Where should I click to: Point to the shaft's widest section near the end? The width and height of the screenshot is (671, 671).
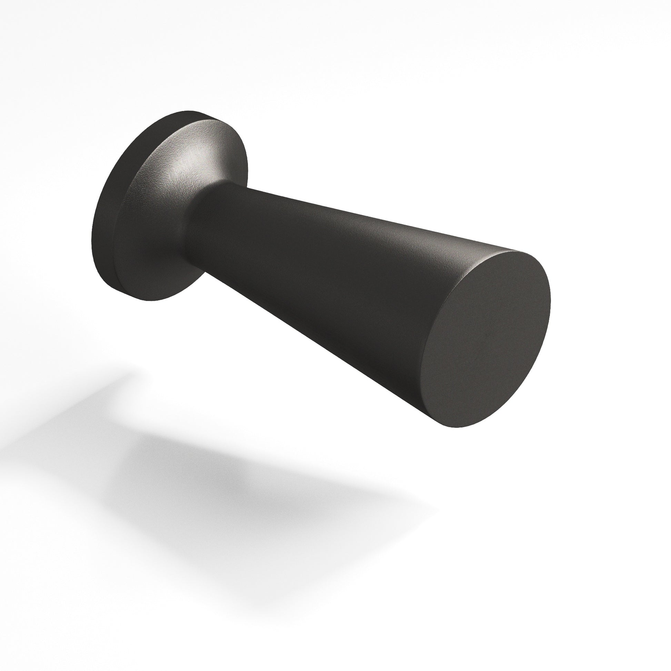click(x=434, y=313)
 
